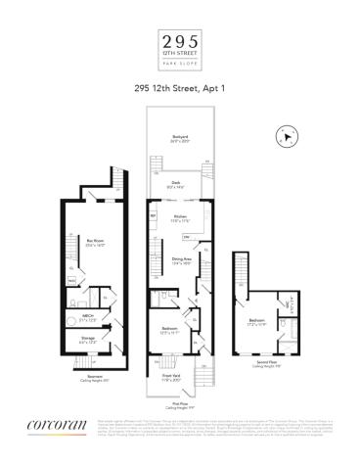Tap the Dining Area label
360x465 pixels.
point(180,259)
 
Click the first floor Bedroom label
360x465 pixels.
point(171,328)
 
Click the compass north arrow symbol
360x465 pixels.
point(284,137)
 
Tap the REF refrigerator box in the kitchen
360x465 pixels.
point(154,214)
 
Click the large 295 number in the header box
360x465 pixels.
point(180,41)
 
